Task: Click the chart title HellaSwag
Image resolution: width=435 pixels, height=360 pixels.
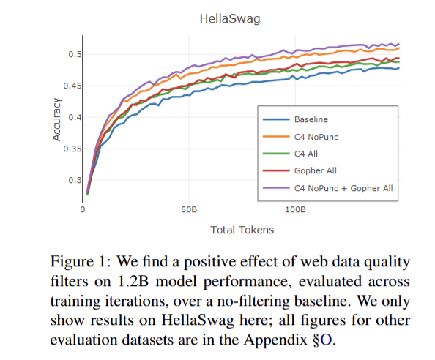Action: tap(230, 19)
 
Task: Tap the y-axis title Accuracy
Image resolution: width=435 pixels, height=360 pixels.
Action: tap(56, 120)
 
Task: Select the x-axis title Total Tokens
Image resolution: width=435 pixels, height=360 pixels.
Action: tap(242, 230)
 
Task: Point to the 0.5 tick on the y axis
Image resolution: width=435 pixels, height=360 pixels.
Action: tap(75, 54)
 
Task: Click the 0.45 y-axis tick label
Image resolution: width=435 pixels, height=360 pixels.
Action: tap(72, 86)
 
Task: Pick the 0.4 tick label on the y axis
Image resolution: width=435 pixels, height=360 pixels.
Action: tap(75, 117)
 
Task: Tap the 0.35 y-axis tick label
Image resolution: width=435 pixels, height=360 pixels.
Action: tap(72, 149)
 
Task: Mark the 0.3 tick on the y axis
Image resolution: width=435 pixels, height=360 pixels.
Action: tap(75, 180)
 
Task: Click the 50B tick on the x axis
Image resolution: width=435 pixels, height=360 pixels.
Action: tap(189, 209)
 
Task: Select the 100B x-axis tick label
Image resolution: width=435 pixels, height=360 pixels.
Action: tap(295, 209)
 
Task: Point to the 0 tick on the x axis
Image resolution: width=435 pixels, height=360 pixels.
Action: tap(83, 209)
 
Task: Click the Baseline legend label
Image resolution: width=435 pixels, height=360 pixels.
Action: tap(311, 119)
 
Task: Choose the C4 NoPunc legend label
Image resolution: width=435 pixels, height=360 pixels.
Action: tap(316, 137)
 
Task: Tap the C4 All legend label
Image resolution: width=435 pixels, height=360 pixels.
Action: tap(306, 154)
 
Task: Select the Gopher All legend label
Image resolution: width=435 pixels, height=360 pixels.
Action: tap(316, 170)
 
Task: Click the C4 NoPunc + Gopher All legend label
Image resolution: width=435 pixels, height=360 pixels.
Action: tap(343, 188)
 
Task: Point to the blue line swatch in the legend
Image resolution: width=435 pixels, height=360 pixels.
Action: tap(276, 119)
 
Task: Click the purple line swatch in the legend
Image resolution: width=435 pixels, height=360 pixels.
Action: tap(276, 188)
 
